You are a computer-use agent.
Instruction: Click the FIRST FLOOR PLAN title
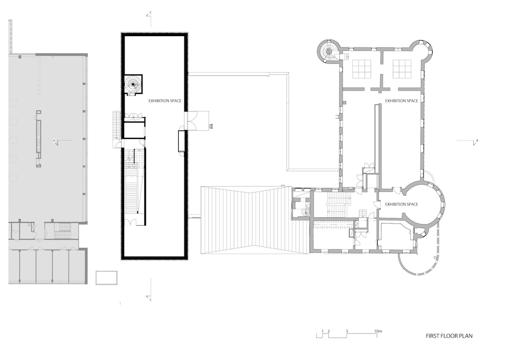click(x=449, y=336)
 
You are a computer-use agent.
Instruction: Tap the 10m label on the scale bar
click(x=378, y=331)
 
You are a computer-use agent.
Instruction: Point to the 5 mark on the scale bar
click(x=347, y=331)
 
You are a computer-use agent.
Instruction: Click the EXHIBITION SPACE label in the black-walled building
click(x=165, y=101)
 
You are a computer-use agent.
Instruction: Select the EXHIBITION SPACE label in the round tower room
click(x=402, y=204)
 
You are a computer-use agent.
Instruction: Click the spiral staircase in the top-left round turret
click(x=328, y=51)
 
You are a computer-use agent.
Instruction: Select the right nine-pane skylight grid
click(x=402, y=69)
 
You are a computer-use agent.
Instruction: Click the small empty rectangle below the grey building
click(x=106, y=278)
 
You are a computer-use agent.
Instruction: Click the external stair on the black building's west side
click(x=117, y=125)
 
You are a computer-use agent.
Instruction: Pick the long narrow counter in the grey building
click(x=39, y=139)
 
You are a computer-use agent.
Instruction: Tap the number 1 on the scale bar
click(x=322, y=331)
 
